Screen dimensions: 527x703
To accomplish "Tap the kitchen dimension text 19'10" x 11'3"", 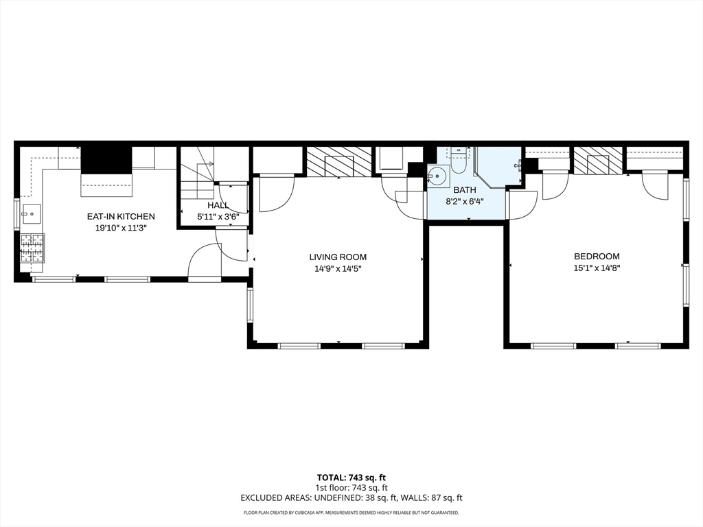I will (x=120, y=229).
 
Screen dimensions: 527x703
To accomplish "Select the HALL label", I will (x=218, y=204).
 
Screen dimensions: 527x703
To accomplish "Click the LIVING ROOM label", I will (x=338, y=257).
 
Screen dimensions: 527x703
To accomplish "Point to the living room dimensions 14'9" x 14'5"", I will (x=338, y=269).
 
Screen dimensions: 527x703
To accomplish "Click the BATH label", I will (x=465, y=190).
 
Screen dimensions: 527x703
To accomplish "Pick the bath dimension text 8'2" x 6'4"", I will (x=465, y=202).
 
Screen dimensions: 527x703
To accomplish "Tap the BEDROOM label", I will (x=597, y=257).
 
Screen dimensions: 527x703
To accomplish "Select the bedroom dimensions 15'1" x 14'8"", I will (x=597, y=268).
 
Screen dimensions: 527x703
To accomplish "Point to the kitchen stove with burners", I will (x=32, y=248).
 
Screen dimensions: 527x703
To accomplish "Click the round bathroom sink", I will (x=437, y=176).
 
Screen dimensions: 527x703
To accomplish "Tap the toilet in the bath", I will (x=459, y=162).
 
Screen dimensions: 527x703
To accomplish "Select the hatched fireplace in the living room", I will (x=339, y=161).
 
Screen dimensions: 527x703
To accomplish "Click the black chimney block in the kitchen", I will (x=106, y=159).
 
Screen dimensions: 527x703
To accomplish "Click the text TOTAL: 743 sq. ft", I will (x=351, y=477).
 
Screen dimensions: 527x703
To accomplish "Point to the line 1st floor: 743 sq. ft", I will (x=351, y=487).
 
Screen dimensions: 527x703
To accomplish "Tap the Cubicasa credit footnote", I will (x=351, y=513).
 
